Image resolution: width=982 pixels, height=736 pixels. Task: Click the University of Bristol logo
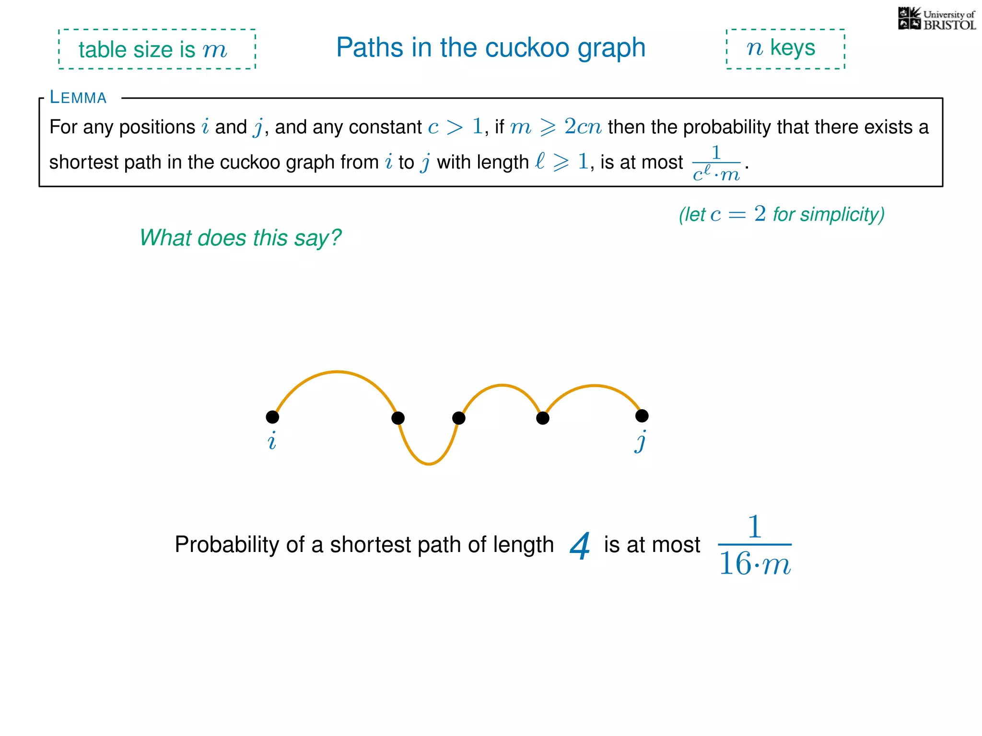coord(936,19)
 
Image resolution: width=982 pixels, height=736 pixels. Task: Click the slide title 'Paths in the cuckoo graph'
coord(491,48)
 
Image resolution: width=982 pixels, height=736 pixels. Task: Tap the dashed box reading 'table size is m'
coord(157,49)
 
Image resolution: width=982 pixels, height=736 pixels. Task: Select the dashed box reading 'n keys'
coord(785,49)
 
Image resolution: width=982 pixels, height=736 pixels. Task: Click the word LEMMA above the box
coord(78,98)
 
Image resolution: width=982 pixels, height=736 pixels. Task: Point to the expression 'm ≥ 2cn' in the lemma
coord(555,127)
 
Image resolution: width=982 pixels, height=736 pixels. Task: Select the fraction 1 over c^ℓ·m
coord(716,163)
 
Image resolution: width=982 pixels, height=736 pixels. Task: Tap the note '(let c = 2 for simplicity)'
coord(781,214)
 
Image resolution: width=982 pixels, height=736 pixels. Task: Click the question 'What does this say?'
coord(240,238)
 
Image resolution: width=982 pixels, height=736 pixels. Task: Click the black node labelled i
coord(272,417)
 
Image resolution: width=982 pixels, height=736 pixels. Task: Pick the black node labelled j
coord(642,416)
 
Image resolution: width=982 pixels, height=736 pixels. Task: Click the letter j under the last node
coord(641,441)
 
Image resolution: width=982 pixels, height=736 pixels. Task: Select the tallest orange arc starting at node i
coord(338,372)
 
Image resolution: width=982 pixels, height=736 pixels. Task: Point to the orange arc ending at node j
coord(595,386)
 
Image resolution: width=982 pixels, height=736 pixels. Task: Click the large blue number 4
coord(580,546)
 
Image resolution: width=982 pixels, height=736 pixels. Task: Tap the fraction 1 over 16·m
coord(754,545)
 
